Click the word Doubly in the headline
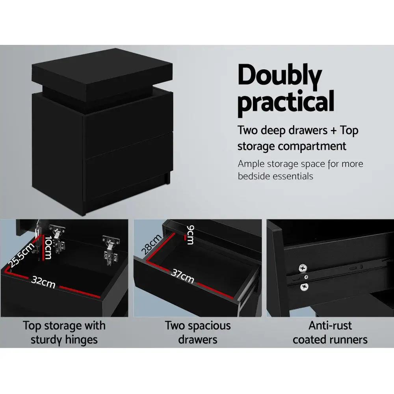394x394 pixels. tap(280, 77)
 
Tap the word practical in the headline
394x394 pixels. tap(286, 102)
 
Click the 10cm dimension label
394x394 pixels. tap(47, 247)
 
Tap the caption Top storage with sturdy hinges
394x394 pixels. tap(64, 332)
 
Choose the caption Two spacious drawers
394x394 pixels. tap(198, 332)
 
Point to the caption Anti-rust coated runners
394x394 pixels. tap(330, 332)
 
